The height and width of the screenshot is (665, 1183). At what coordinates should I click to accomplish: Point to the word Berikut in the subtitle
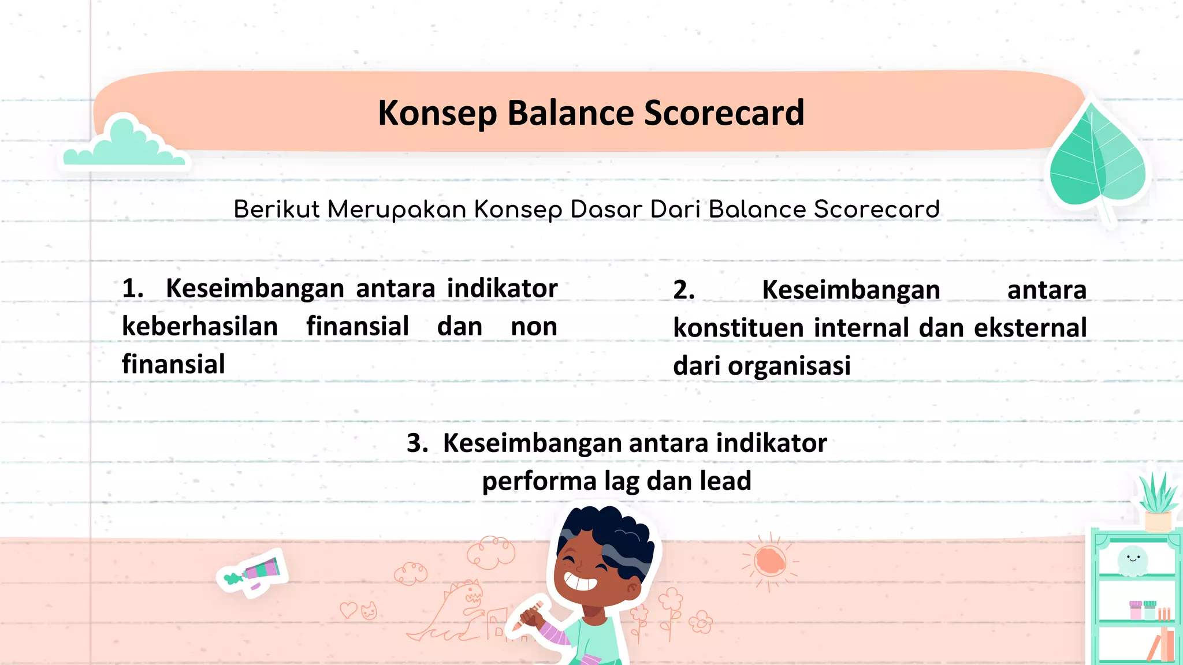(276, 209)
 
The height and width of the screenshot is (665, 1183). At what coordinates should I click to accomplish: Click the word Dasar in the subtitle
(606, 209)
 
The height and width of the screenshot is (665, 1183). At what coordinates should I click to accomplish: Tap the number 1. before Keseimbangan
(132, 288)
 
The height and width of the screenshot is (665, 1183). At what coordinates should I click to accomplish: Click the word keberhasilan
(200, 327)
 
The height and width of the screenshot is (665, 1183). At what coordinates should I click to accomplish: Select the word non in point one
(534, 327)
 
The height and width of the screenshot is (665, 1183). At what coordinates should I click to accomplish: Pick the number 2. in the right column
(684, 290)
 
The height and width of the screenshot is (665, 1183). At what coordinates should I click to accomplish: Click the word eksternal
(1030, 328)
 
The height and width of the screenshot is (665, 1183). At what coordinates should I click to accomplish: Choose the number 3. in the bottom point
(417, 443)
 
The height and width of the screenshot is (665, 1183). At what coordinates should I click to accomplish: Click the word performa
(539, 481)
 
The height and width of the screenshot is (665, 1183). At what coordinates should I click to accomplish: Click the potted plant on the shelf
(1158, 502)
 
